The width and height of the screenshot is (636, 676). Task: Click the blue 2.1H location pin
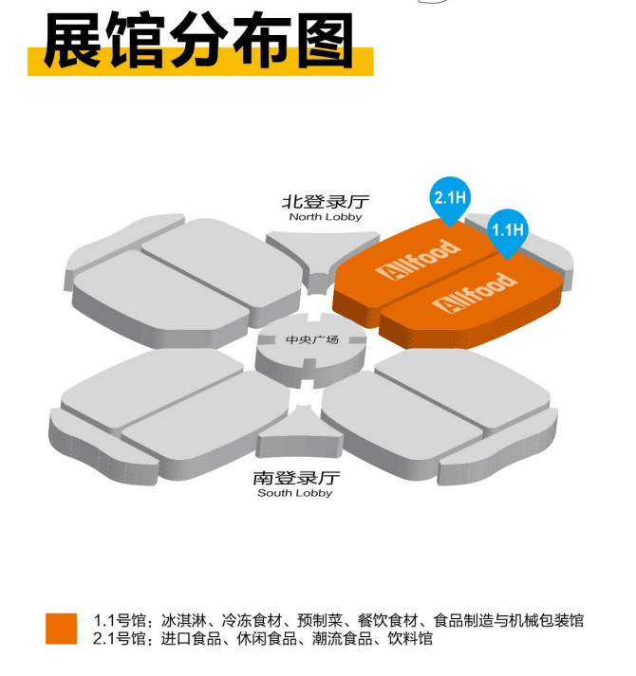point(450,199)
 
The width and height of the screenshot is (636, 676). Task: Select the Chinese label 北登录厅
point(326,202)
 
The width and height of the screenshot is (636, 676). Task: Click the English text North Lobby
point(326,217)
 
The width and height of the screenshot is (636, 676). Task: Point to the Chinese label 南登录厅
point(296,478)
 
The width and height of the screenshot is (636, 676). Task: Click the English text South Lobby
point(295,493)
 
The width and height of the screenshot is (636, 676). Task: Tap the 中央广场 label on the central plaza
point(312,339)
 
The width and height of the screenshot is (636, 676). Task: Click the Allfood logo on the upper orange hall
point(418,259)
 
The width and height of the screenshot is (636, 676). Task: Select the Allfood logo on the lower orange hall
point(475,293)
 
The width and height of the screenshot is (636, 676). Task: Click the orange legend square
point(62,629)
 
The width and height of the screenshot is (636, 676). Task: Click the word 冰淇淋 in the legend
point(183,621)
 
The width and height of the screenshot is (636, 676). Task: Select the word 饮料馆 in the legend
point(410,638)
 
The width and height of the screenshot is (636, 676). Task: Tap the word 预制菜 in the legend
point(320,621)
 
